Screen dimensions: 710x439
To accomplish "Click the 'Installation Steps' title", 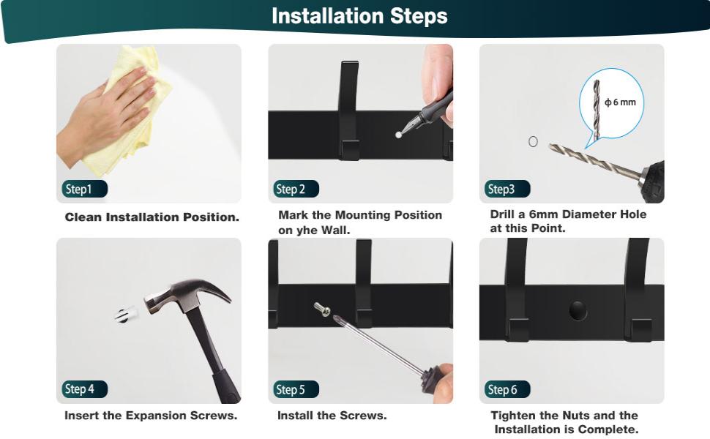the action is [x=359, y=16].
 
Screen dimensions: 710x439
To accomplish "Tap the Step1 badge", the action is [x=85, y=189].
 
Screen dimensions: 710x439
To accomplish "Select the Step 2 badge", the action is [x=296, y=189].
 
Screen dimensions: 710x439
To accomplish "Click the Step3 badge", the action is [x=507, y=189].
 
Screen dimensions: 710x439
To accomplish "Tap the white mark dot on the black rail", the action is [x=398, y=135].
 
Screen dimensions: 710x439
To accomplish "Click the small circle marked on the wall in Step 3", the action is [x=534, y=142].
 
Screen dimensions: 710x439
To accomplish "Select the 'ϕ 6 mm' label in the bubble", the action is [x=621, y=102].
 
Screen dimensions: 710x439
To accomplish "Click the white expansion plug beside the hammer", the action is [x=125, y=314].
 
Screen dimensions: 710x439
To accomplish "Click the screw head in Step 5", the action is [x=322, y=309].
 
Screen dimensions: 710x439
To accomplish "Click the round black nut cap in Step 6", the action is [x=578, y=310].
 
